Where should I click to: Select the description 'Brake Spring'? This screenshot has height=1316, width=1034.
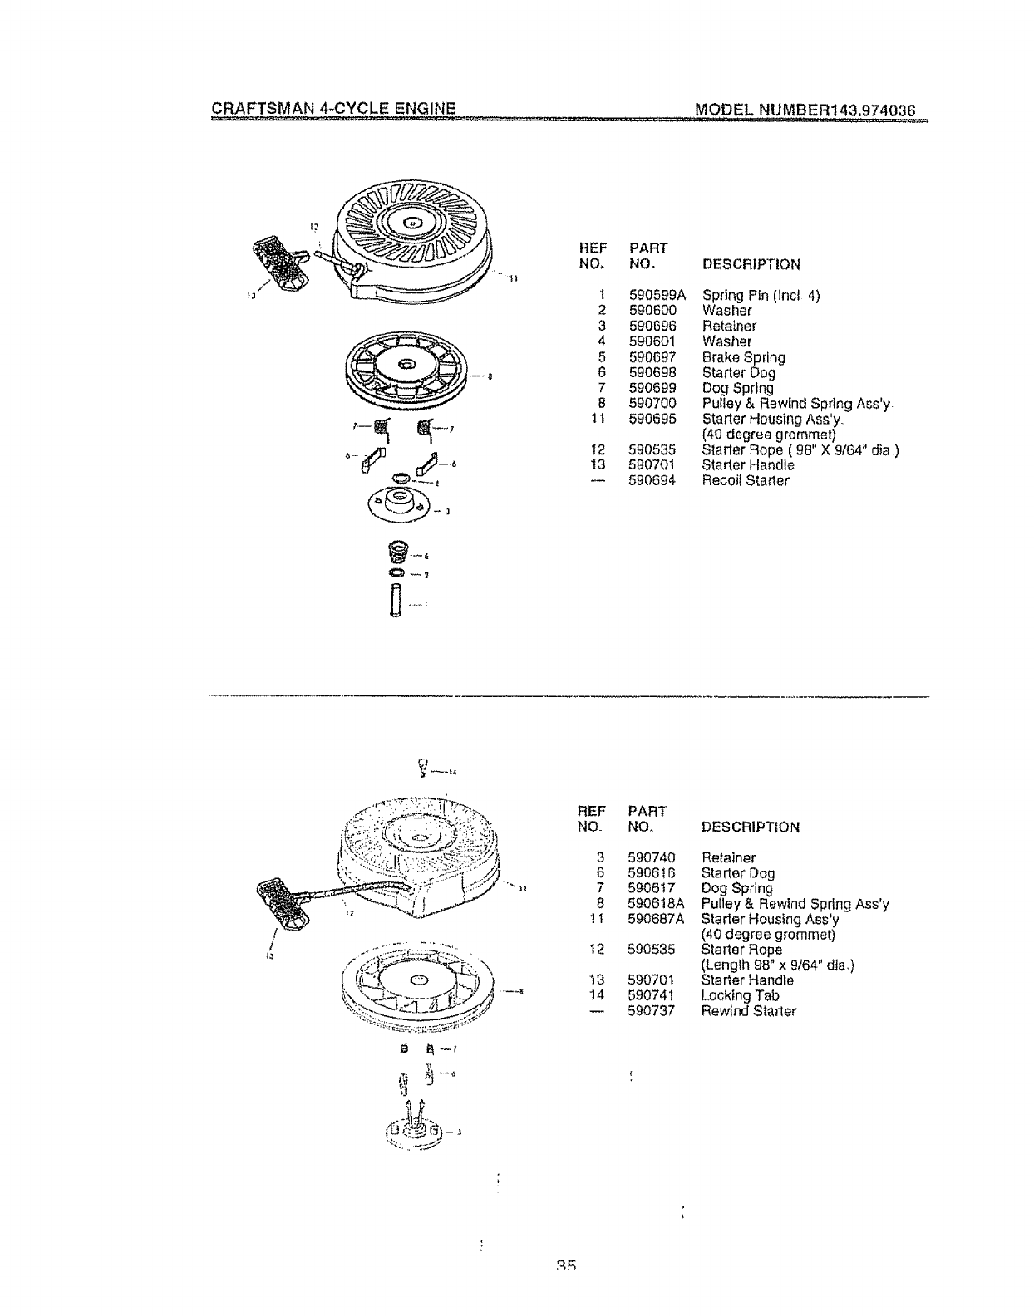pos(743,357)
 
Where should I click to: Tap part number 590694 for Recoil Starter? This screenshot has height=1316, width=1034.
pos(652,480)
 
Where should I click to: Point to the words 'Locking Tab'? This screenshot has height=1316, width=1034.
pos(740,995)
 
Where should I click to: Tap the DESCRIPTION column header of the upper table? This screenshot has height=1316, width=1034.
pos(751,264)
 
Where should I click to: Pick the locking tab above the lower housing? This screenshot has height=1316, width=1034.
pos(424,768)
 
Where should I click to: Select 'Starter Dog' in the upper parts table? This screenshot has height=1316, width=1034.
pos(738,373)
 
